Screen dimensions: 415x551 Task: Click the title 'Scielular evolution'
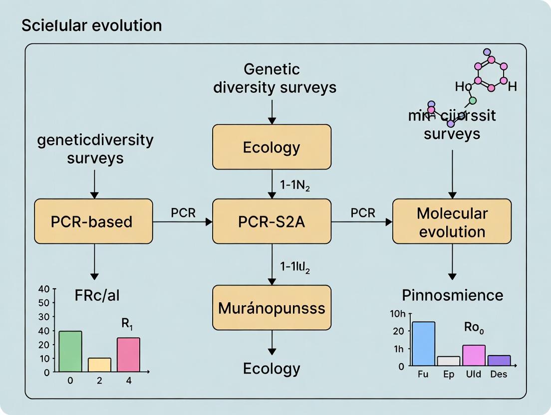pyautogui.click(x=91, y=25)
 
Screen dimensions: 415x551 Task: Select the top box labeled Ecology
pyautogui.click(x=272, y=147)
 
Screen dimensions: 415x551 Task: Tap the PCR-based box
pyautogui.click(x=93, y=221)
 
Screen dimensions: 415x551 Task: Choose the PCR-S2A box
pyautogui.click(x=272, y=221)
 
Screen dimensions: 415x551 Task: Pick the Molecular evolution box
pyautogui.click(x=452, y=222)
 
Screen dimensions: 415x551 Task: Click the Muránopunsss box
pyautogui.click(x=272, y=307)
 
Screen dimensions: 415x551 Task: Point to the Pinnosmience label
pyautogui.click(x=452, y=295)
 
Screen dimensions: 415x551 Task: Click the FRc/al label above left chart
pyautogui.click(x=97, y=295)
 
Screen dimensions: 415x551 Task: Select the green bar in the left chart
pyautogui.click(x=70, y=351)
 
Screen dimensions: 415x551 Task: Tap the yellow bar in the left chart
pyautogui.click(x=99, y=365)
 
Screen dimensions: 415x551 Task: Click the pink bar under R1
pyautogui.click(x=128, y=354)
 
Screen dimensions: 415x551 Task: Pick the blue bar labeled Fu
pyautogui.click(x=423, y=344)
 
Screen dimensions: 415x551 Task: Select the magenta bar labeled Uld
pyautogui.click(x=474, y=355)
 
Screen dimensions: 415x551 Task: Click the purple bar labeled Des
pyautogui.click(x=499, y=361)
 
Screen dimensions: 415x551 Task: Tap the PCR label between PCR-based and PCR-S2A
pyautogui.click(x=183, y=212)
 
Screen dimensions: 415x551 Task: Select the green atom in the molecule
pyautogui.click(x=473, y=100)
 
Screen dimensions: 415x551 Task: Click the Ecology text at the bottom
pyautogui.click(x=272, y=369)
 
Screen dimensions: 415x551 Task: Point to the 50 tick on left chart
pyautogui.click(x=44, y=302)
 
